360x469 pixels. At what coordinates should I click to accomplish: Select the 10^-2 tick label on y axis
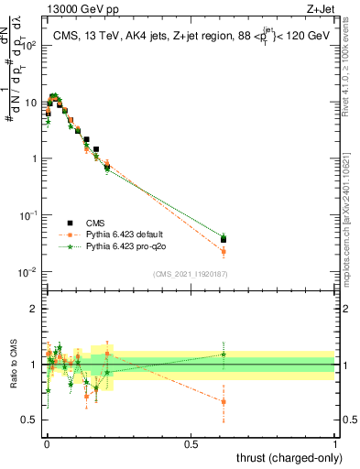click(27, 272)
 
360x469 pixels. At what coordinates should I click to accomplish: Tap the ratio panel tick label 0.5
click(29, 420)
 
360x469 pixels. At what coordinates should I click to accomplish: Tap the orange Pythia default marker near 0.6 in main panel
click(224, 251)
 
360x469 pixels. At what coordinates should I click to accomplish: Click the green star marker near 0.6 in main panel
click(224, 236)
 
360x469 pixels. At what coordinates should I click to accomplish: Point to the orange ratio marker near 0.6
click(224, 401)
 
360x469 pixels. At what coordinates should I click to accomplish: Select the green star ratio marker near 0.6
click(224, 354)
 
